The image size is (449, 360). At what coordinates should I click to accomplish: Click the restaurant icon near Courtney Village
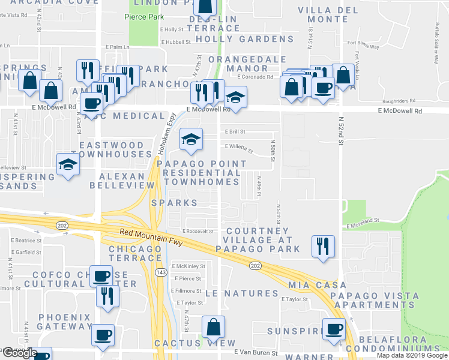click(324, 246)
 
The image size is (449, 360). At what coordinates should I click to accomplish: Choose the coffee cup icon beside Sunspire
click(334, 329)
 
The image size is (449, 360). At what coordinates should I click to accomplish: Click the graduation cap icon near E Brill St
click(191, 140)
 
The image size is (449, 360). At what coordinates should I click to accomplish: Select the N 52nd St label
click(340, 132)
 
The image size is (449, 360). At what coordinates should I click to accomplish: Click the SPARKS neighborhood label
click(175, 203)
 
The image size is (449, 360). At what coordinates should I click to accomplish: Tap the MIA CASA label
click(318, 284)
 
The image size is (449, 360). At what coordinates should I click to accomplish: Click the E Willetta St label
click(239, 146)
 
